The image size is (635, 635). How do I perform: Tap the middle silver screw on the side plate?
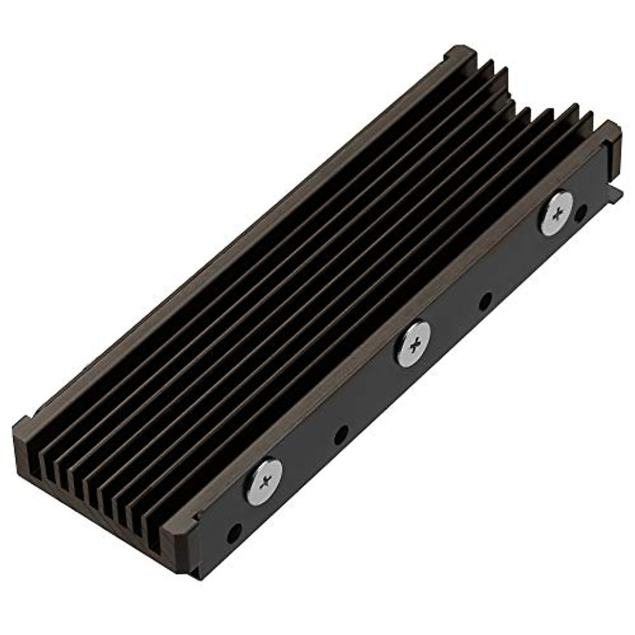pyautogui.click(x=413, y=344)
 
